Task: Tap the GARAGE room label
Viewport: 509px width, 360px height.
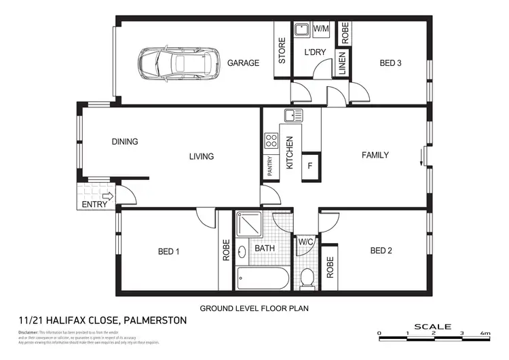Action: tap(243, 63)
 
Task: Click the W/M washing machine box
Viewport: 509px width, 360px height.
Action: tap(321, 29)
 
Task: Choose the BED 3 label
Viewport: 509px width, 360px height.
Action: tap(390, 63)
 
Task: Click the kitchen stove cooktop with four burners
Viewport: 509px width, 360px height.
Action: tap(271, 141)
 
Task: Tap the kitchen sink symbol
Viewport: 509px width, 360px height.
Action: tap(293, 115)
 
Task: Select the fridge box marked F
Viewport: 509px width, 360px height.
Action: tap(310, 165)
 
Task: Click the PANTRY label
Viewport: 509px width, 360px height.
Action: tap(270, 166)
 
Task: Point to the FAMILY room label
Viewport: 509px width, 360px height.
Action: tap(375, 155)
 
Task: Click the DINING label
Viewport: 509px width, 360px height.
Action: tap(125, 142)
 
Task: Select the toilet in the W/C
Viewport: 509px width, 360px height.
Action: tap(307, 278)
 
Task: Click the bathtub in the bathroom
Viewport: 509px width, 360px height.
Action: tap(263, 278)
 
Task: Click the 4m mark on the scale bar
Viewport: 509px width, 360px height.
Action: tap(485, 334)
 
